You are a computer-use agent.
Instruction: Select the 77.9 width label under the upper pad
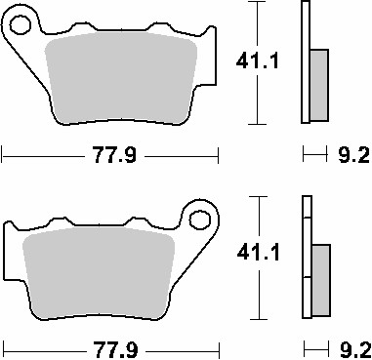point(109,154)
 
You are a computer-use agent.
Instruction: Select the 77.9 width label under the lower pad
point(109,348)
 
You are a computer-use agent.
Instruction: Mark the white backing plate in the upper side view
point(307,63)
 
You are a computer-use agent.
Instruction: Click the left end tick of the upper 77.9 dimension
point(3,153)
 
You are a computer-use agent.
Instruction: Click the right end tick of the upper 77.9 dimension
point(218,153)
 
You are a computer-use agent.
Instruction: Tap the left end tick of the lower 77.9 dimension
point(3,347)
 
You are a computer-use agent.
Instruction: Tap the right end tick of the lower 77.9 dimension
point(218,347)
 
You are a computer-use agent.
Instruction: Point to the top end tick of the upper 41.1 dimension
point(256,4)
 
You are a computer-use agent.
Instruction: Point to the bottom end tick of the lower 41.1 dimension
point(256,319)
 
